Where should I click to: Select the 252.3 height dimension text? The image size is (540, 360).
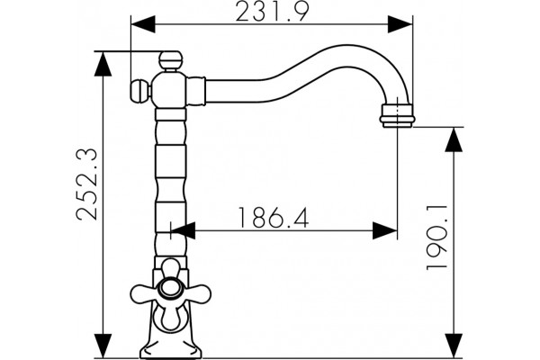[86, 184]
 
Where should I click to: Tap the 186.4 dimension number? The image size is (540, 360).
[274, 218]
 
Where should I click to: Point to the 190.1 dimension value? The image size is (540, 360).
[437, 238]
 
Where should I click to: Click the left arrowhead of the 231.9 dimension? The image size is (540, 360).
[143, 24]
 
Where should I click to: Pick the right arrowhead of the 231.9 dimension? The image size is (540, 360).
[400, 24]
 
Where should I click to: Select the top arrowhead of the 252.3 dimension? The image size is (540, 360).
[103, 64]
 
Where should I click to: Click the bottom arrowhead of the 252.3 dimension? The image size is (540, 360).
[103, 346]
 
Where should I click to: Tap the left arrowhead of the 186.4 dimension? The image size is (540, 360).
[184, 230]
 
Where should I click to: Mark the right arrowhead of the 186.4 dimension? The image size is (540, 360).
[385, 230]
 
